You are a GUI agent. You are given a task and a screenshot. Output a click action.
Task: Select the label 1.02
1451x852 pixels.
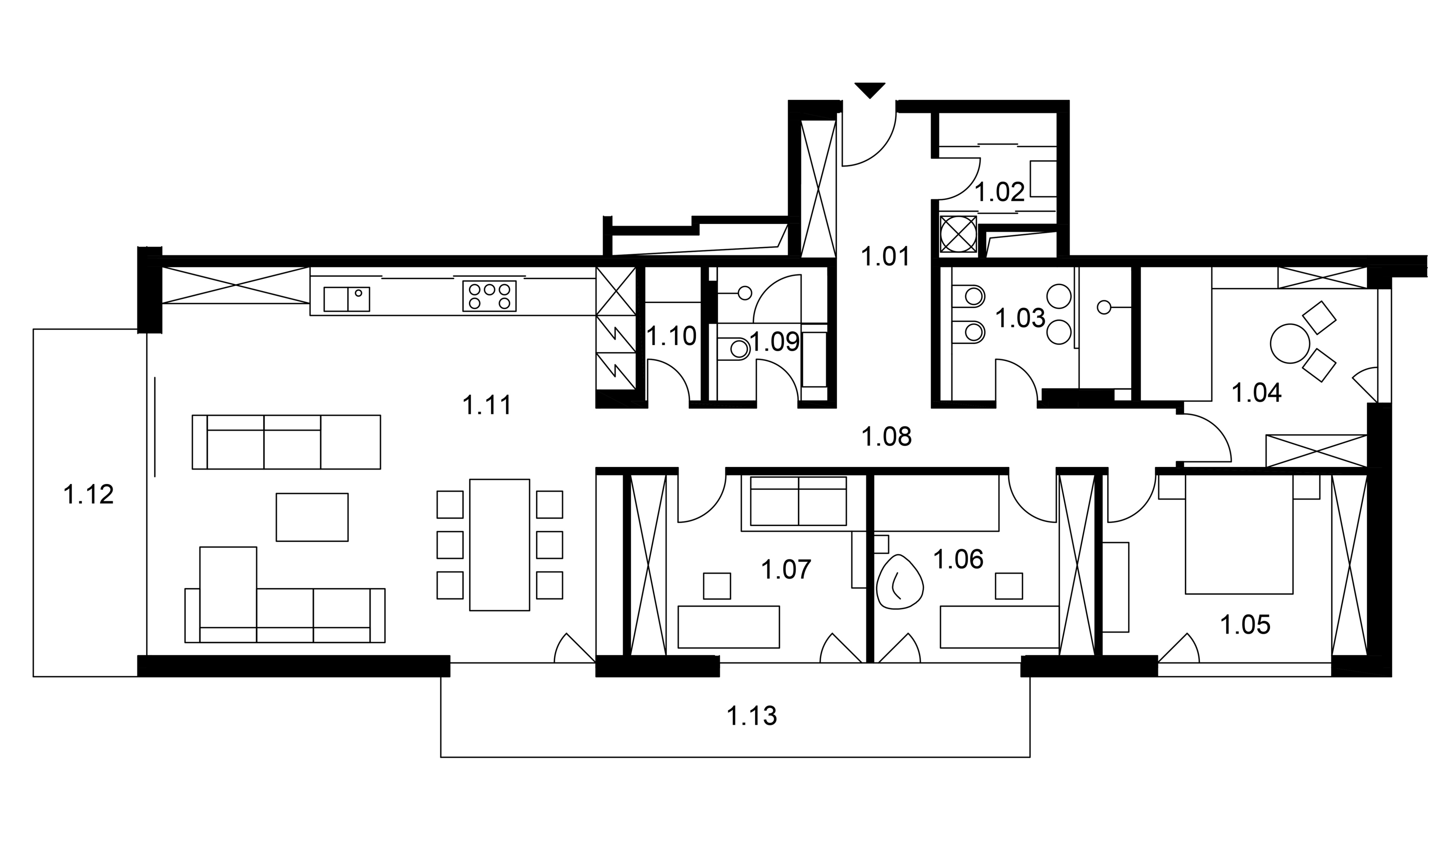pyautogui.click(x=999, y=192)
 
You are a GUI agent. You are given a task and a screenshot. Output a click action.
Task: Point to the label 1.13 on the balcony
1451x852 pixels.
pyautogui.click(x=752, y=716)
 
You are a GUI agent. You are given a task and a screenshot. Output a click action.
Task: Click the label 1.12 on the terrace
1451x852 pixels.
pyautogui.click(x=89, y=495)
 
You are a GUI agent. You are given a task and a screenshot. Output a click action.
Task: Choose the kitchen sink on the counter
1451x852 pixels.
pyautogui.click(x=347, y=299)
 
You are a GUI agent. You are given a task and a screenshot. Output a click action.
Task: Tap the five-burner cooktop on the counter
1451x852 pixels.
pyautogui.click(x=489, y=296)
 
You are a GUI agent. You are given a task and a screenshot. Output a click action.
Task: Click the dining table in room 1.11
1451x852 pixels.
pyautogui.click(x=499, y=544)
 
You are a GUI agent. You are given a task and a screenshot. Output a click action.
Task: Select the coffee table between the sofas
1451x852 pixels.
pyautogui.click(x=312, y=517)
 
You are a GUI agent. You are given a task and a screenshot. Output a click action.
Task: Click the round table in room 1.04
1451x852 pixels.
pyautogui.click(x=1290, y=343)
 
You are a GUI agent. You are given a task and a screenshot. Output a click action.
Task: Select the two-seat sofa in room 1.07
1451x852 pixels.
pyautogui.click(x=798, y=501)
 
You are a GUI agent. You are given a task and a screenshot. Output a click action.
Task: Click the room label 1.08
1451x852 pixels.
pyautogui.click(x=886, y=437)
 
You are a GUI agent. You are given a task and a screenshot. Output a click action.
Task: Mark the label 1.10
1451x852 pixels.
pyautogui.click(x=671, y=336)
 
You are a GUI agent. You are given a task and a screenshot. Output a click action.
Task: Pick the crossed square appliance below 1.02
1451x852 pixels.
pyautogui.click(x=958, y=234)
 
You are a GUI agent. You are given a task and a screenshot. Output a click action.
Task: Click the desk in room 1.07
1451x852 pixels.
pyautogui.click(x=729, y=627)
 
